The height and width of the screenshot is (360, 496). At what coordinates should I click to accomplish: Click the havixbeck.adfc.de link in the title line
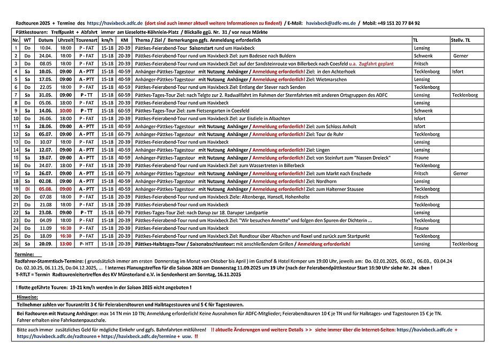pyautogui.click(x=115, y=24)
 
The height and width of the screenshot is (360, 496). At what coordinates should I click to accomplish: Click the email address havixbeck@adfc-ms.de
pyautogui.click(x=343, y=24)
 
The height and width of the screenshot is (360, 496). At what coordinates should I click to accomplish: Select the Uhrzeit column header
pyautogui.click(x=65, y=40)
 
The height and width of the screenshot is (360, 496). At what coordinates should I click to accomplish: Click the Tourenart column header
pyautogui.click(x=86, y=40)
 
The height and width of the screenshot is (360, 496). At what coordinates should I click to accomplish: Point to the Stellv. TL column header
pyautogui.click(x=460, y=40)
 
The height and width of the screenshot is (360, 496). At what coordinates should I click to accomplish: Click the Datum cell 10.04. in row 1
pyautogui.click(x=46, y=48)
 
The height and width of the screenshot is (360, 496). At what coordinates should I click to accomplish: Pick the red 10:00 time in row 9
pyautogui.click(x=65, y=110)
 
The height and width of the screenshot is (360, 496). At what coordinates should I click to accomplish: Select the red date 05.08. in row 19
pyautogui.click(x=46, y=189)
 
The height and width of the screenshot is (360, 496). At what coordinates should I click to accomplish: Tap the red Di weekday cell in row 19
pyautogui.click(x=27, y=189)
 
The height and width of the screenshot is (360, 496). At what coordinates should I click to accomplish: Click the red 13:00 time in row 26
pyautogui.click(x=65, y=244)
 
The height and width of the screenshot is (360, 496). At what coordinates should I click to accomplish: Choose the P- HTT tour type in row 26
pyautogui.click(x=86, y=244)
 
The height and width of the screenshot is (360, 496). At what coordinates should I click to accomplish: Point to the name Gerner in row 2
pyautogui.click(x=460, y=56)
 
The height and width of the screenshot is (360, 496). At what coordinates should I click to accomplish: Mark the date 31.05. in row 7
pyautogui.click(x=46, y=95)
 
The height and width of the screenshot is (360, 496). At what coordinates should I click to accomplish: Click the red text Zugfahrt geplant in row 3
pyautogui.click(x=377, y=64)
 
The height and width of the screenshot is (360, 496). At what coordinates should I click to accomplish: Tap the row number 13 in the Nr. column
pyautogui.click(x=16, y=142)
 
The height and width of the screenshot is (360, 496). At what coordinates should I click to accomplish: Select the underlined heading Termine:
pyautogui.click(x=25, y=253)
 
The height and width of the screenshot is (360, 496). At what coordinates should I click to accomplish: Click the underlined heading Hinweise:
pyautogui.click(x=27, y=296)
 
